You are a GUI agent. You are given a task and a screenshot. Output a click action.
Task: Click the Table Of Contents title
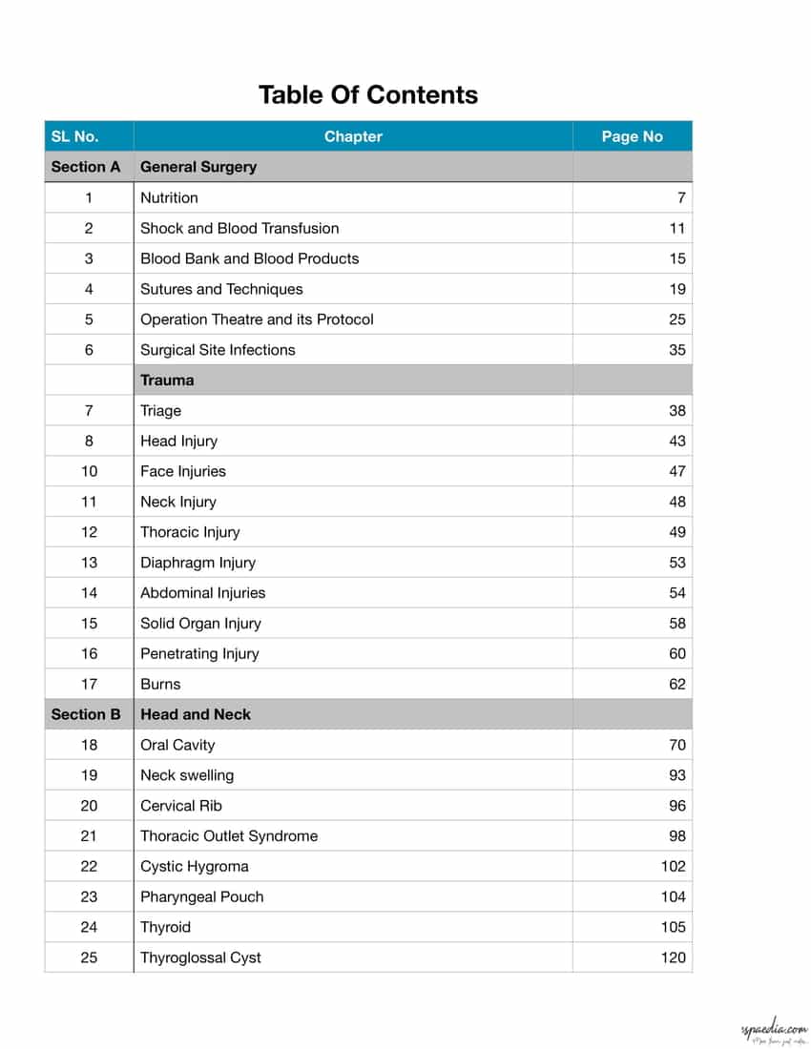(x=367, y=95)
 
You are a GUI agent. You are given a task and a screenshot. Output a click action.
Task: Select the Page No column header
(x=632, y=136)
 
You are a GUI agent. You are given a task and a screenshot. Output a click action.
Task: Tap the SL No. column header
(x=74, y=136)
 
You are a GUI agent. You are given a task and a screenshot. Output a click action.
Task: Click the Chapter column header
(x=353, y=136)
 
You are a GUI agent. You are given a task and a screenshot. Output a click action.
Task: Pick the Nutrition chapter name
(x=169, y=197)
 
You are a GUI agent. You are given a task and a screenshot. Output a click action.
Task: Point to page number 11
(x=676, y=228)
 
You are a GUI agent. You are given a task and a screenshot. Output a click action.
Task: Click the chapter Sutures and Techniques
(x=221, y=289)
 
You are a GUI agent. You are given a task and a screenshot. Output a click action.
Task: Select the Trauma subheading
(x=167, y=380)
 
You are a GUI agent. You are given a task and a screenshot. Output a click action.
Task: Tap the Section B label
(x=86, y=714)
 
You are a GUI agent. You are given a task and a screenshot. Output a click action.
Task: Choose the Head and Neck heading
(x=196, y=714)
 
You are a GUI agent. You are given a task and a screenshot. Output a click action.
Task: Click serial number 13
(x=89, y=563)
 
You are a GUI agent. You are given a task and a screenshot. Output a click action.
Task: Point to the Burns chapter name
(x=160, y=684)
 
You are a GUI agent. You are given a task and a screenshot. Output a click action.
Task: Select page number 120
(x=673, y=957)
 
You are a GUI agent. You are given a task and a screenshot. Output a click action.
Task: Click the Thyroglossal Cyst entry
(x=200, y=957)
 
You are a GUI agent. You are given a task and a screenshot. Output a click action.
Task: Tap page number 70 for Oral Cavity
(x=676, y=745)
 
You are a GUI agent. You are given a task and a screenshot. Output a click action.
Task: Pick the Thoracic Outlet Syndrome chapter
(x=229, y=836)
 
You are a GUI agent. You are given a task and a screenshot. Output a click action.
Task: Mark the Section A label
(x=86, y=167)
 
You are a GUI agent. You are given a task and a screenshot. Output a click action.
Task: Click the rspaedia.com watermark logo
(x=773, y=1031)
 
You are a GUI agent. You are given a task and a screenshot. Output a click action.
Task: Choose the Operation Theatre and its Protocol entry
(x=257, y=319)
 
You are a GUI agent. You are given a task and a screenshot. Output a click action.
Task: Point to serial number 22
(x=89, y=867)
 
